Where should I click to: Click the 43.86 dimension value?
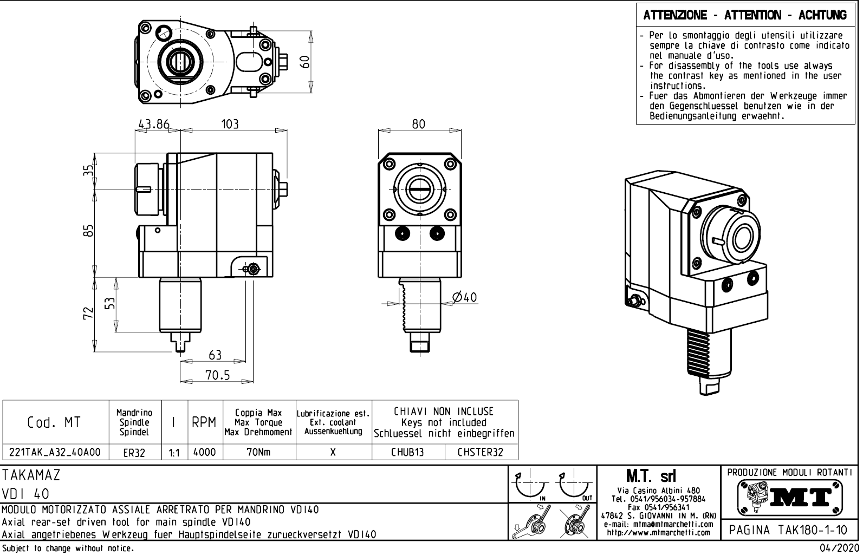coord(153,124)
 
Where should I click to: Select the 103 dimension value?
coord(230,124)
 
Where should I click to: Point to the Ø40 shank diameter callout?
coord(465,297)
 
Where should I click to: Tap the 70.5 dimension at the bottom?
coord(217,375)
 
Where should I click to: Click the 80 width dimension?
coord(419,124)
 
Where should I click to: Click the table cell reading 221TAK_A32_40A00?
coord(55,452)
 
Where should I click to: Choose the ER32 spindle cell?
coord(134,453)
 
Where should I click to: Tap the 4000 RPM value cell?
coord(204,452)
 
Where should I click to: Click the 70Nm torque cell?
coord(258,452)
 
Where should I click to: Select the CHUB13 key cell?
coord(407,452)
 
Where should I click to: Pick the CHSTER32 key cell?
coord(480,452)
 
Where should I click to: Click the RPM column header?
coord(204,423)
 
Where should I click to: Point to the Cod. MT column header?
coord(54,423)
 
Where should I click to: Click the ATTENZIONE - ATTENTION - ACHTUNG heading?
coord(745,15)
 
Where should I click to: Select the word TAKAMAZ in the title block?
coord(31,475)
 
